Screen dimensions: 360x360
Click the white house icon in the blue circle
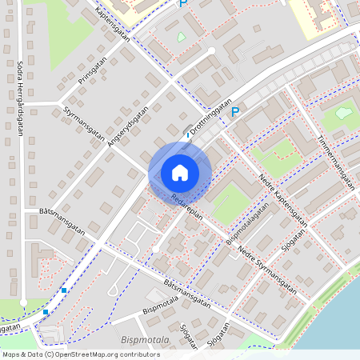[179, 172]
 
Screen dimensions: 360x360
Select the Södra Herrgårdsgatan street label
[19, 99]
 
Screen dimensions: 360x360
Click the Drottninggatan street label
[210, 116]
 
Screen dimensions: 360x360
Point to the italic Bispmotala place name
[146, 341]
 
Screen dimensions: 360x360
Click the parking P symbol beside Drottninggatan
[235, 113]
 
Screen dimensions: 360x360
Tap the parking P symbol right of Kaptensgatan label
[183, 5]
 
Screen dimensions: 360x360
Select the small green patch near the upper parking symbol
[181, 37]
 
